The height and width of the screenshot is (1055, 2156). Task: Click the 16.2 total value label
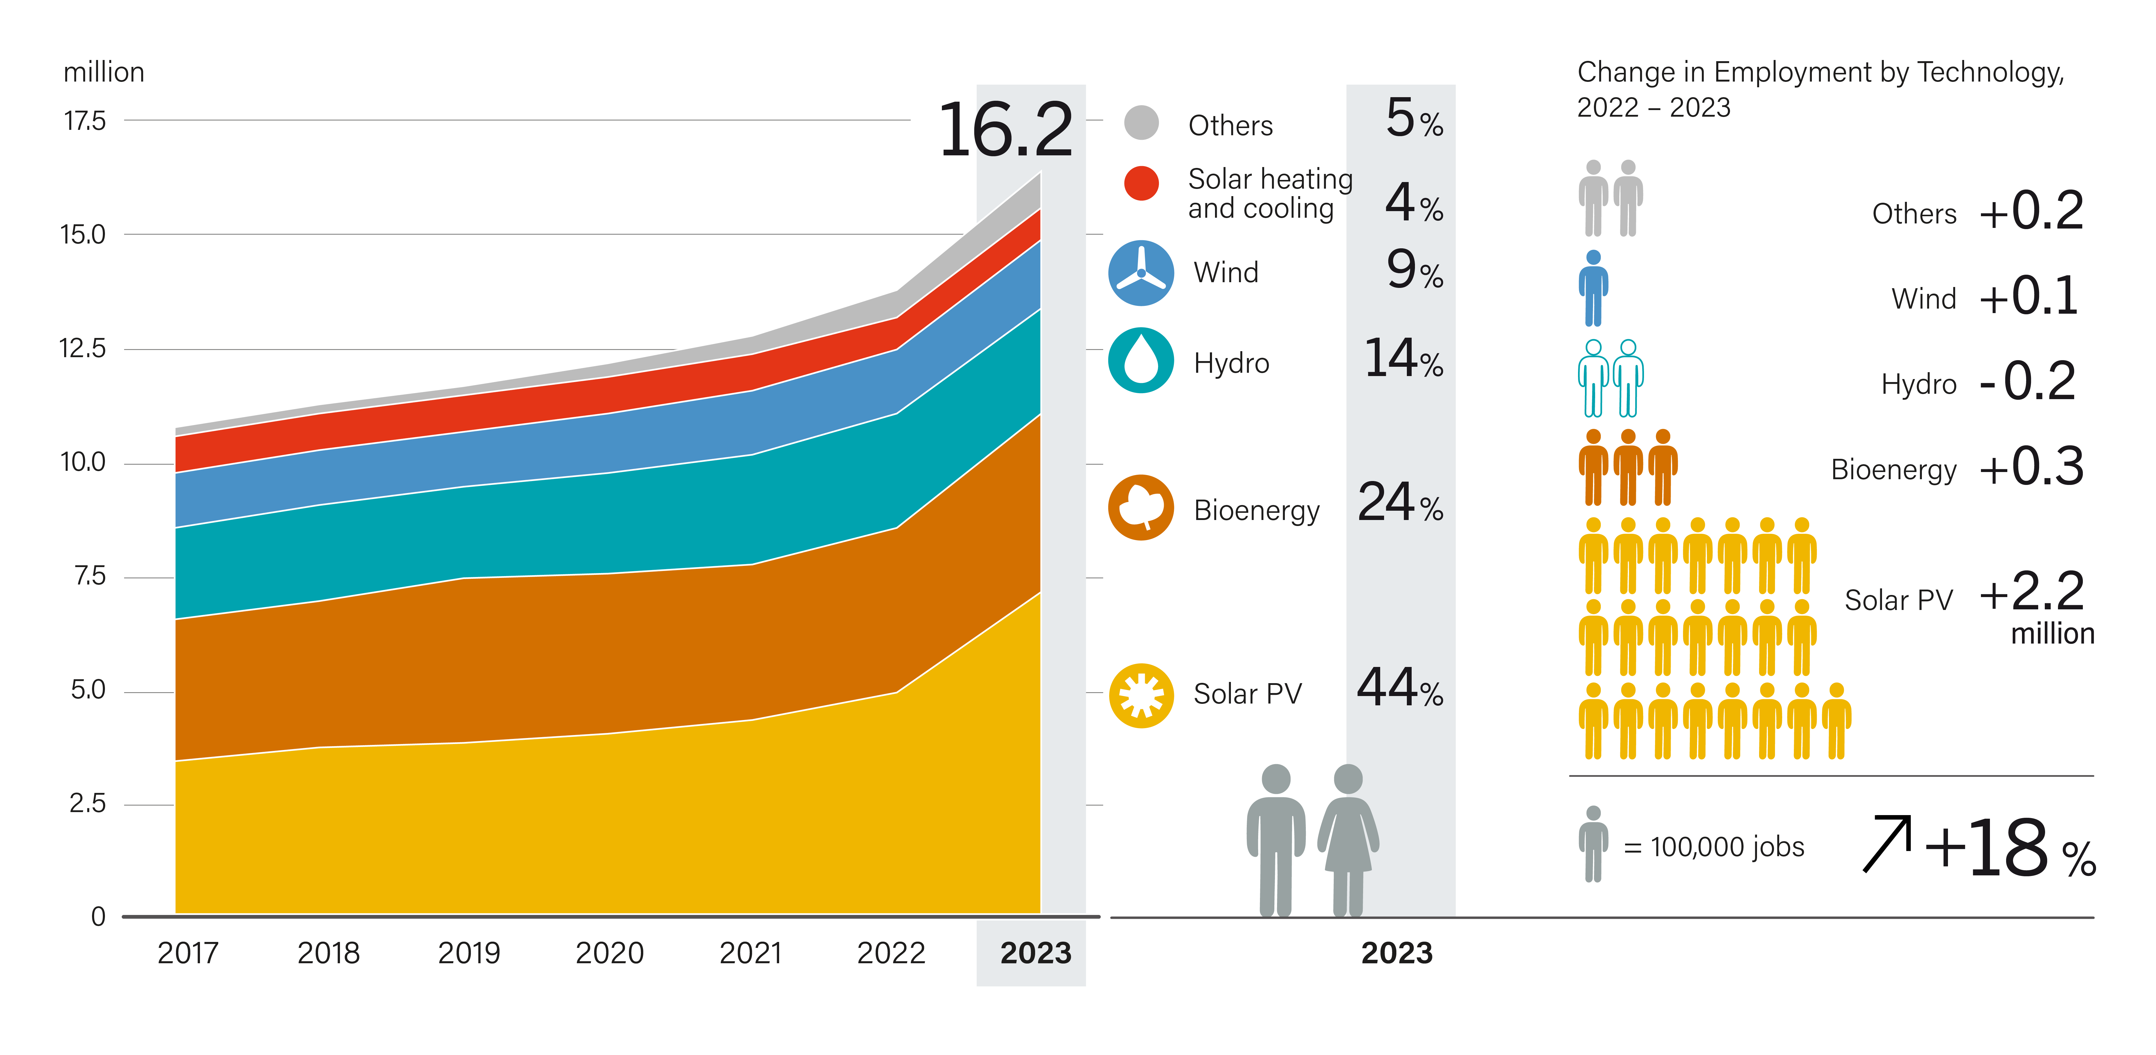(x=1004, y=131)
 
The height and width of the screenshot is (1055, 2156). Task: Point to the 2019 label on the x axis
(x=469, y=953)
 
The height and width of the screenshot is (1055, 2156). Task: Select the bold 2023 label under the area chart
(x=1035, y=953)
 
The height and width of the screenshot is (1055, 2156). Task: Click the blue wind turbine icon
(x=1141, y=273)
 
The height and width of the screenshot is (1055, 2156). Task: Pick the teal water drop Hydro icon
(x=1141, y=361)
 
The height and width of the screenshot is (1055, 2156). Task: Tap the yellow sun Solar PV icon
(x=1141, y=695)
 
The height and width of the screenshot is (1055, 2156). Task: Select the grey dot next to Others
(x=1141, y=123)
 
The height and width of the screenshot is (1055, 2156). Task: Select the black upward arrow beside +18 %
(x=1887, y=844)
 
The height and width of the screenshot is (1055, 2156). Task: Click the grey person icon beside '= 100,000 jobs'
(x=1594, y=844)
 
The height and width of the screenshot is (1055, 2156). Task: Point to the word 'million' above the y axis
(x=104, y=73)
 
